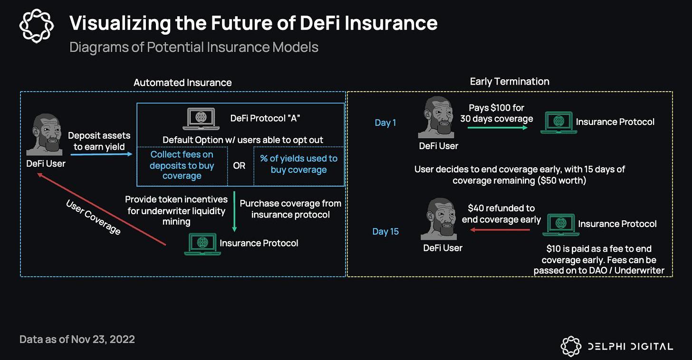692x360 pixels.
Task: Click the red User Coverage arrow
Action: [103, 209]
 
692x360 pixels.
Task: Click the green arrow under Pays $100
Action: [496, 127]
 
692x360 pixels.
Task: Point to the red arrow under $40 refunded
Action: [500, 230]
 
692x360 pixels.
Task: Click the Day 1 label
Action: [385, 123]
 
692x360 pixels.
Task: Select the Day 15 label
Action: [385, 231]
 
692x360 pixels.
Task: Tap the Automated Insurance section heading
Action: [183, 82]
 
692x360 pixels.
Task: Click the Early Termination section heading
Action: [509, 81]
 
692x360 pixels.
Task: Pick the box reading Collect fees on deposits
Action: [182, 165]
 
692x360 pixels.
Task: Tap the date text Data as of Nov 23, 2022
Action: [77, 339]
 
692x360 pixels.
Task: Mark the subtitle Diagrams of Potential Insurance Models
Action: [193, 47]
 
